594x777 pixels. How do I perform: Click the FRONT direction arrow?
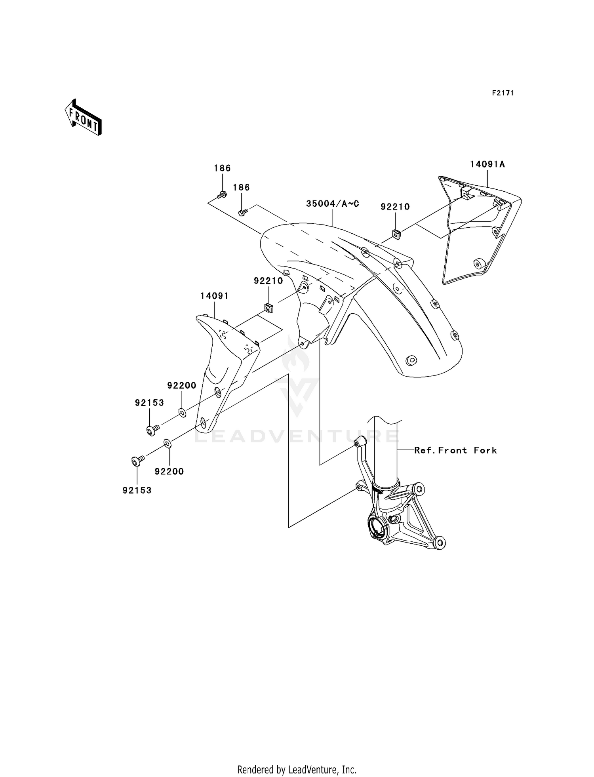pos(84,117)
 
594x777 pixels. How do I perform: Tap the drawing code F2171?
pos(503,93)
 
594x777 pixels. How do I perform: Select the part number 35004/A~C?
pos(333,204)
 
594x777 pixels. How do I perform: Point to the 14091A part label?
pos(487,164)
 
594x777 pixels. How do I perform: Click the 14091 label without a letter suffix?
pos(215,296)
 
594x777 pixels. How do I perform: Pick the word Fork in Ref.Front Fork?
pos(485,450)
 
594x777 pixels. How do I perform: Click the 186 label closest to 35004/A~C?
pos(241,187)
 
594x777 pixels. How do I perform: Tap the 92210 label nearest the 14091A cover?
pos(395,207)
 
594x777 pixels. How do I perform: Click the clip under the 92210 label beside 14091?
pos(268,307)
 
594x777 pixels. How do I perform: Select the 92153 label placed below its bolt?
pos(137,490)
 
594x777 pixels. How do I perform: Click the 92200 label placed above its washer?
pos(182,386)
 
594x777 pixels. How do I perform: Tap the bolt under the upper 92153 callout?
pos(152,430)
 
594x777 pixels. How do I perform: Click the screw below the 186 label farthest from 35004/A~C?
pos(222,194)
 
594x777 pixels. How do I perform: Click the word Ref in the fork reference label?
pos(421,450)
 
